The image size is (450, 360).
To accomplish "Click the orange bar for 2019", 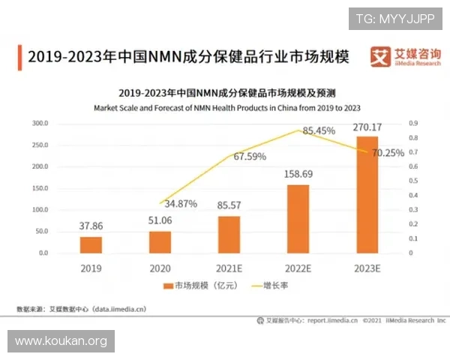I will (91, 244).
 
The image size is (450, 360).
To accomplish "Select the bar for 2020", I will (160, 241).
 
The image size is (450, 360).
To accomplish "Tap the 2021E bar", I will (229, 234).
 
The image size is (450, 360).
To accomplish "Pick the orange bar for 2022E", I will (298, 218).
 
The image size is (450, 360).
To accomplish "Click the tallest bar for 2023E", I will (367, 194).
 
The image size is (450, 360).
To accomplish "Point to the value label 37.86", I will (91, 224).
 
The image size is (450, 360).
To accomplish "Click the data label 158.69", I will (298, 173).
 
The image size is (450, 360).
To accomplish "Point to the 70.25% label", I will (388, 152).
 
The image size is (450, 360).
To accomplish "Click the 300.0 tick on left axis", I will (39, 123).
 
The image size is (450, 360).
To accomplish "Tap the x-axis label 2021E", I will (229, 267).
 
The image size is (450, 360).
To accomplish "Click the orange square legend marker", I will (168, 286).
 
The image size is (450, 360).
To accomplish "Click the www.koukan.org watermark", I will (61, 341).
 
